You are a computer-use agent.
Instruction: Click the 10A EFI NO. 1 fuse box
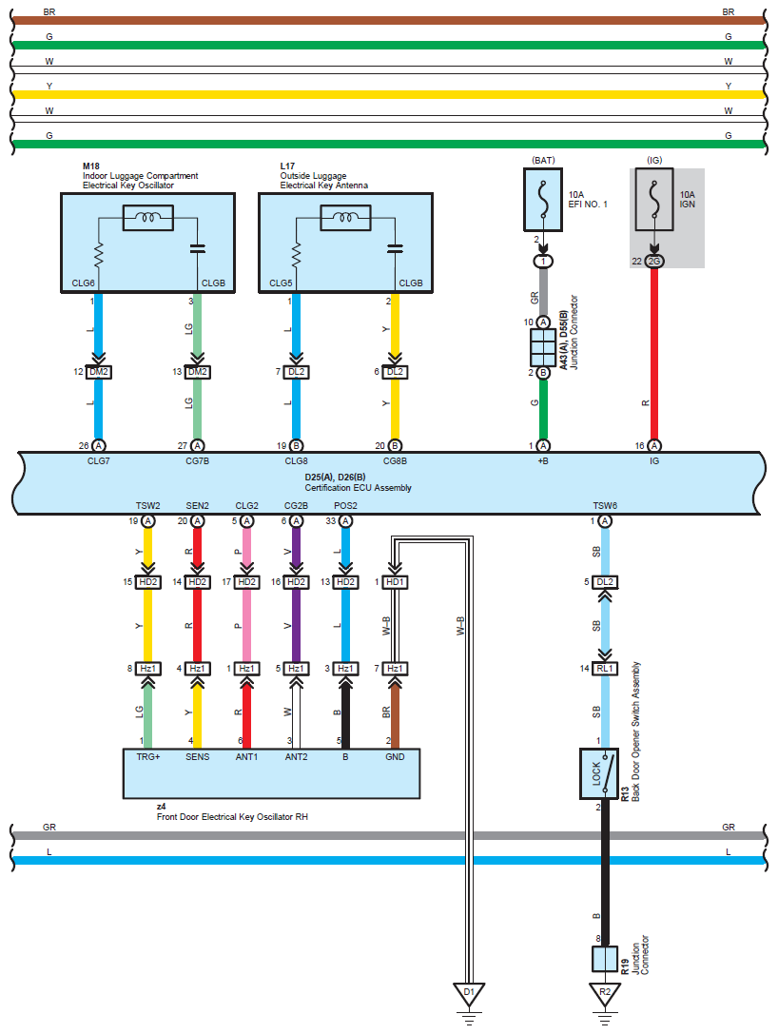(x=543, y=199)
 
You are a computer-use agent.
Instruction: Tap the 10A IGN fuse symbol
(x=654, y=199)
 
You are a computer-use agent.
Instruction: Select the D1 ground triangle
(x=469, y=994)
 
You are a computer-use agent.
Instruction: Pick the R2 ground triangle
(x=605, y=994)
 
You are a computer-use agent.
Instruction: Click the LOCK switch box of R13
(x=598, y=773)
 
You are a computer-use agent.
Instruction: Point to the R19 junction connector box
(x=605, y=960)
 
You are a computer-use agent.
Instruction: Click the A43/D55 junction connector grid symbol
(x=543, y=347)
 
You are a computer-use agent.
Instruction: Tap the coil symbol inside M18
(x=148, y=218)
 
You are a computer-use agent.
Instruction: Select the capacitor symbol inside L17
(x=396, y=248)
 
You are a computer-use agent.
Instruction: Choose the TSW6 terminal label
(x=605, y=506)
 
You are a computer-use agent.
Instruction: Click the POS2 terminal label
(x=345, y=506)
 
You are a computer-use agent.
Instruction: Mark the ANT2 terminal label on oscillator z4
(x=296, y=757)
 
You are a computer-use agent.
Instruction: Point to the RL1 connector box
(x=605, y=668)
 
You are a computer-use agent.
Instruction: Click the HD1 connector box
(x=395, y=581)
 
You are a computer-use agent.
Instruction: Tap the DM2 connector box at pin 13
(x=197, y=372)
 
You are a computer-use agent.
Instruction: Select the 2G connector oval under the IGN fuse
(x=654, y=262)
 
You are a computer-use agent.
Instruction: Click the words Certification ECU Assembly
(x=358, y=488)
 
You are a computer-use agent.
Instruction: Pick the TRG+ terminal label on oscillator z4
(x=148, y=757)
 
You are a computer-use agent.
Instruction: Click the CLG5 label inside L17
(x=281, y=283)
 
